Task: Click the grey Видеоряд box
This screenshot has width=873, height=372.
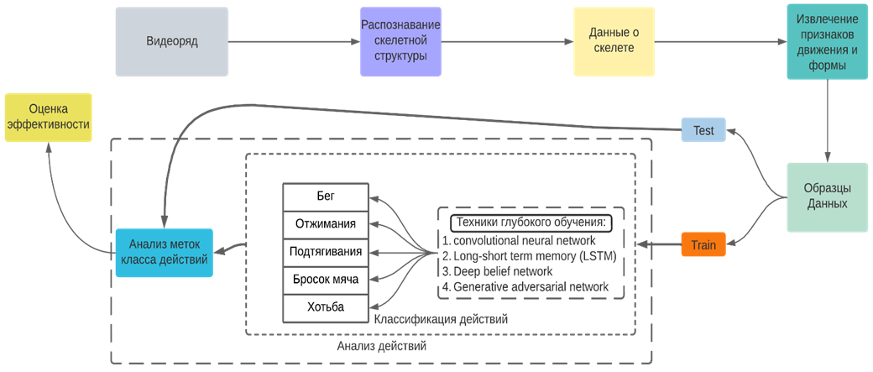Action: (171, 41)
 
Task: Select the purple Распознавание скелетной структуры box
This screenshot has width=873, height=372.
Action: (400, 41)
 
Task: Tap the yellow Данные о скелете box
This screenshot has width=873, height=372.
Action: (611, 41)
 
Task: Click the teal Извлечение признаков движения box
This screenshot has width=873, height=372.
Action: (827, 41)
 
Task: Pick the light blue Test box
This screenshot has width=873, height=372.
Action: (703, 130)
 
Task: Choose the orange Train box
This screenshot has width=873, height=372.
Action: (703, 245)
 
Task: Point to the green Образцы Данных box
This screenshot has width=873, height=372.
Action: (827, 196)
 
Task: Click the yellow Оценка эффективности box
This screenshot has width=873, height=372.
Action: (48, 118)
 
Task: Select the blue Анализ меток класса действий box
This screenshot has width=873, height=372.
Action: (163, 252)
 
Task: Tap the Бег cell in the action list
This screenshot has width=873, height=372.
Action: (325, 196)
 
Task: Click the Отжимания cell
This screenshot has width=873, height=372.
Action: (325, 224)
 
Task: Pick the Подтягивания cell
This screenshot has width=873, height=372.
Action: (325, 252)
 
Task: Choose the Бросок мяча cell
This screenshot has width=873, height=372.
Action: (325, 280)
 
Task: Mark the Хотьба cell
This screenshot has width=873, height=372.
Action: (325, 307)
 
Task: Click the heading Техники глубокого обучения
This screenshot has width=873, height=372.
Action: (531, 223)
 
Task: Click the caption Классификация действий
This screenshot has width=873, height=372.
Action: (440, 320)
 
